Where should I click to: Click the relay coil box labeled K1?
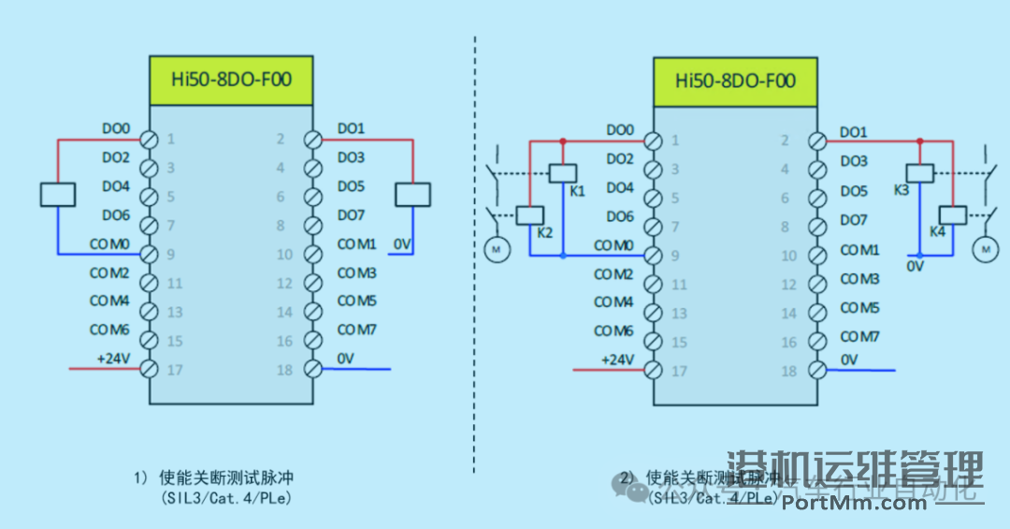tap(562, 172)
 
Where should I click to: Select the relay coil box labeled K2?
tap(530, 214)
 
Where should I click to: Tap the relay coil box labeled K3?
tap(920, 172)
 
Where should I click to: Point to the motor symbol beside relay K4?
tap(985, 248)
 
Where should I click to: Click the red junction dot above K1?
tap(562, 141)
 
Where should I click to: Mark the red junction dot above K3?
tap(920, 141)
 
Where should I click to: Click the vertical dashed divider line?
tap(474, 281)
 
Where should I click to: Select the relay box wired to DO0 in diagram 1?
tap(57, 194)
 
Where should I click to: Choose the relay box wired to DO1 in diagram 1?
tap(412, 194)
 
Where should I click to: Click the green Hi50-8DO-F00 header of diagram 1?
tap(231, 80)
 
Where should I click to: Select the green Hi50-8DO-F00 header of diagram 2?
tap(735, 81)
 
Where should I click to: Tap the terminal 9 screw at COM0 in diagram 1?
tap(148, 254)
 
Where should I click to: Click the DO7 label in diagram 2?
tap(854, 220)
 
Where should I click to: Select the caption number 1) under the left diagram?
tap(141, 477)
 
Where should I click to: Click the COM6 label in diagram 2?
tap(613, 331)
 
